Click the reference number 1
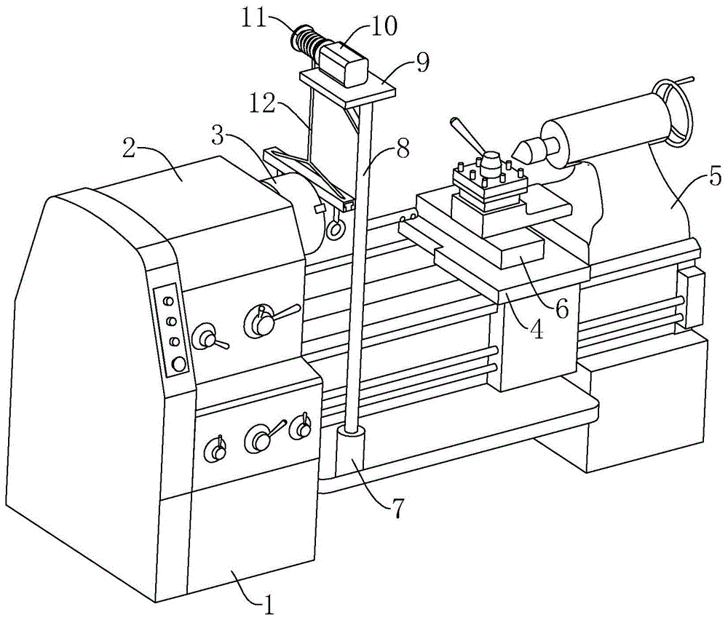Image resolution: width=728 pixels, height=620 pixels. tap(269, 603)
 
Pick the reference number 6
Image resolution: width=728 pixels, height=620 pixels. tap(562, 307)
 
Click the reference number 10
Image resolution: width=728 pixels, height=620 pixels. tap(384, 27)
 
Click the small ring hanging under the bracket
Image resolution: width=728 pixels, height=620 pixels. tap(335, 230)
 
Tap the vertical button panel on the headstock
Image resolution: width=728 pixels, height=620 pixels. tap(172, 330)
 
